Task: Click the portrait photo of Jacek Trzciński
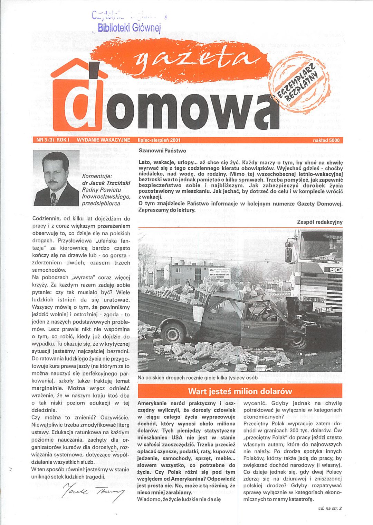56,179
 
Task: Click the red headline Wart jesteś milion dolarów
240,391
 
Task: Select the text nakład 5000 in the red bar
326,140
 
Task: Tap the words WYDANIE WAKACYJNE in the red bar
104,140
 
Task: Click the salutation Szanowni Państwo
162,151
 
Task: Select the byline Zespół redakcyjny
319,222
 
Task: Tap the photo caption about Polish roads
197,378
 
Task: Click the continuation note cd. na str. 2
330,508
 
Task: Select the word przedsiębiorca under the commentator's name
101,203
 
